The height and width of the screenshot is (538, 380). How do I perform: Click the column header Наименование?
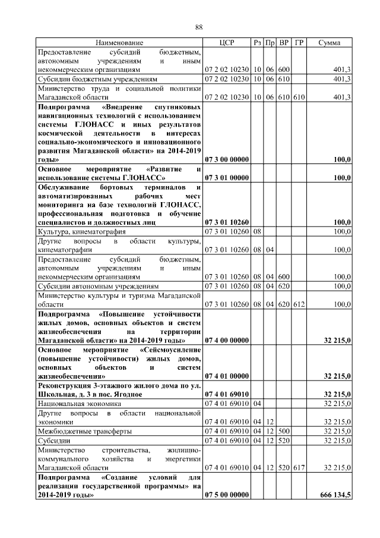[x=119, y=43]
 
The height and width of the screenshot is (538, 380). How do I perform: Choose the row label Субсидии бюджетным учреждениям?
[x=97, y=78]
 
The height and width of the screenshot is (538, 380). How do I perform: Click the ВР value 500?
[x=284, y=431]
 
